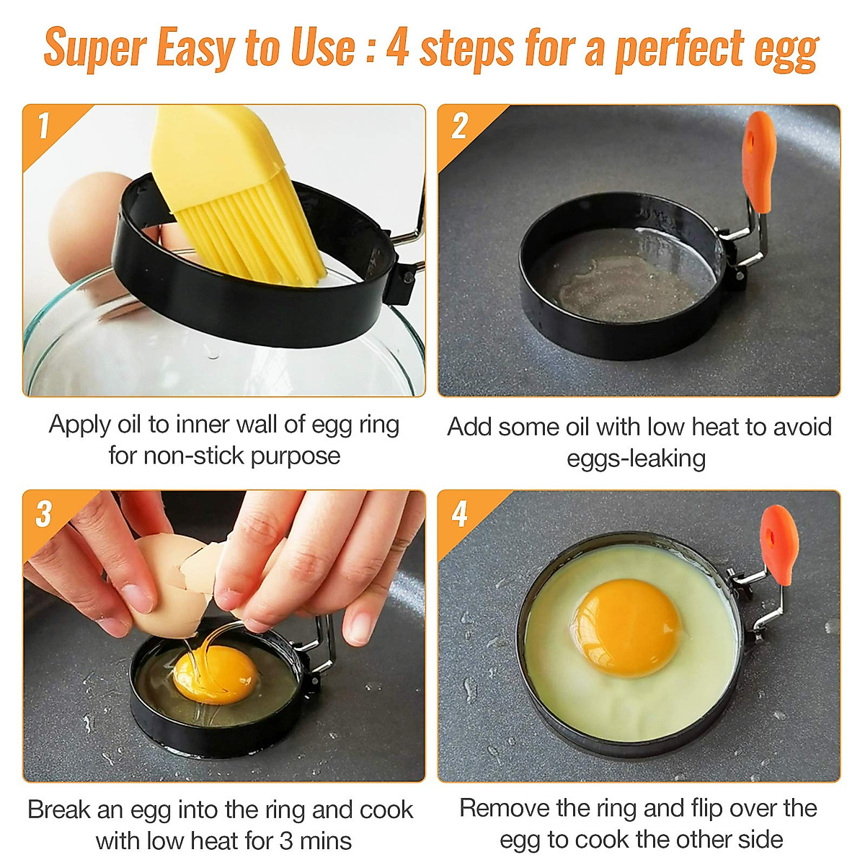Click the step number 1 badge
(x=43, y=126)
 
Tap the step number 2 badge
(x=460, y=127)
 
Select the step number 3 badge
(x=44, y=513)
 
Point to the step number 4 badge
(x=460, y=514)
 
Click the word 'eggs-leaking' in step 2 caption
(x=636, y=458)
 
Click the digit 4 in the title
(x=397, y=49)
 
